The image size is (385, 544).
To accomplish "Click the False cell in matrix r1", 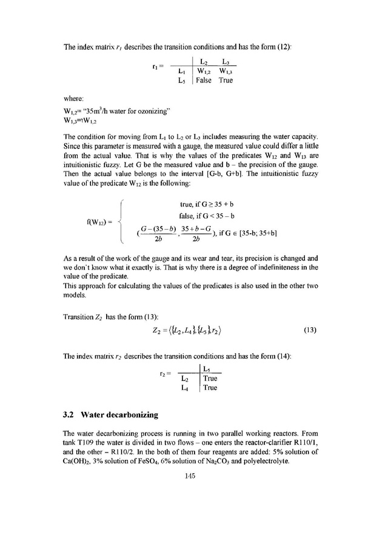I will coord(203,81).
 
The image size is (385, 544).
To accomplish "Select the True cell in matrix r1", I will coord(226,81).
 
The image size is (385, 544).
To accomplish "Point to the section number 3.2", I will coord(71,415).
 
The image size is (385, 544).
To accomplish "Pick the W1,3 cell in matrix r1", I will coord(225,71).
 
